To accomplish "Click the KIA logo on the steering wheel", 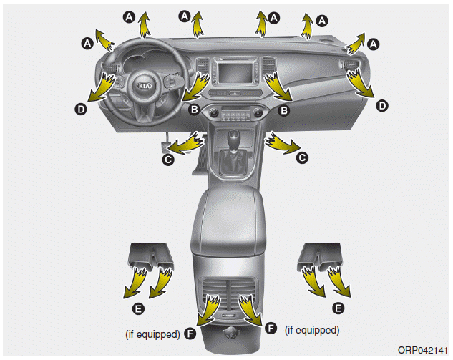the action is (x=145, y=86).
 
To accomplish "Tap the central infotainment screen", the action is (x=235, y=72).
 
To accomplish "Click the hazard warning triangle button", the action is (x=235, y=93).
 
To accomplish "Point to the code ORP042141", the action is (x=423, y=350).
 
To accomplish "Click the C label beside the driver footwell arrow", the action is (x=168, y=160).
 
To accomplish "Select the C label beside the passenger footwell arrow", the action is (x=302, y=157).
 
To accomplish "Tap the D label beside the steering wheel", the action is (x=81, y=110).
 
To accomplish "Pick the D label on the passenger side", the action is (x=382, y=105).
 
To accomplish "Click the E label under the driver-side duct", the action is (x=138, y=308).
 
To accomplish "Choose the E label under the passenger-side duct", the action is (x=338, y=308).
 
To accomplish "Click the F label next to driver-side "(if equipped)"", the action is (x=190, y=334).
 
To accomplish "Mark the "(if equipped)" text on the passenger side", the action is (x=312, y=330).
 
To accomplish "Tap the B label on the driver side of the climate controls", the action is (x=195, y=110).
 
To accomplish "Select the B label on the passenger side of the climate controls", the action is (x=284, y=110).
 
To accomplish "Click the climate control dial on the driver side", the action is (x=214, y=112).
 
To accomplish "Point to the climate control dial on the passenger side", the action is (x=257, y=112).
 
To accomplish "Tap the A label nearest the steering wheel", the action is (x=87, y=44).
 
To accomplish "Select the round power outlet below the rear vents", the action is (x=231, y=334).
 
